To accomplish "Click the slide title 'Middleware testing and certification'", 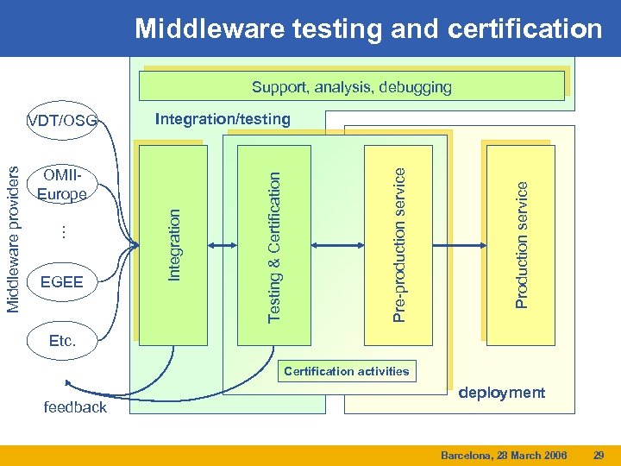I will (x=368, y=29).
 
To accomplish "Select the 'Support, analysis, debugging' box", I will (x=351, y=87).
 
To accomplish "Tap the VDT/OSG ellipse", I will (x=62, y=119).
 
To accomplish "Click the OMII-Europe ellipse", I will (x=62, y=186).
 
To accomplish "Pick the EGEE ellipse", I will (x=62, y=281).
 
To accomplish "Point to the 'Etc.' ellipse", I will (x=62, y=341).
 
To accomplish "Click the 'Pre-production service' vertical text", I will (x=398, y=244).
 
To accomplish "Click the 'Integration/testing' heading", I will (x=223, y=119).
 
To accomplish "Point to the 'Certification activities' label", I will (x=347, y=371).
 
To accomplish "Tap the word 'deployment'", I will (x=502, y=393).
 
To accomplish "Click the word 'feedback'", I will (x=75, y=406).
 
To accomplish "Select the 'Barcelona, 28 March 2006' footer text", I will (x=504, y=454).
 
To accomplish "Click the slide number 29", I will (x=599, y=454).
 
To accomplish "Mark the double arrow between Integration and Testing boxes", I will (x=222, y=245).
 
